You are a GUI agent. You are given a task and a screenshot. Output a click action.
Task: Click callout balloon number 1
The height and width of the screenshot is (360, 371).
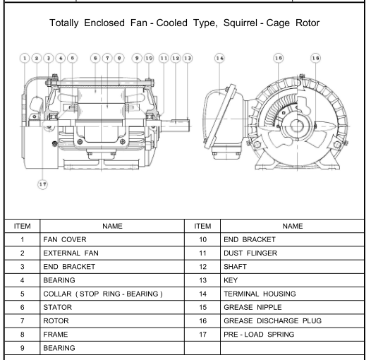pyautogui.click(x=25, y=58)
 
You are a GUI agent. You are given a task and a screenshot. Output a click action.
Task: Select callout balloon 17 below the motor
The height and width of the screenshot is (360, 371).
pyautogui.click(x=42, y=184)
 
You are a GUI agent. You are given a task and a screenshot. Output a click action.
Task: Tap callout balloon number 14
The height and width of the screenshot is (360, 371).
pyautogui.click(x=219, y=58)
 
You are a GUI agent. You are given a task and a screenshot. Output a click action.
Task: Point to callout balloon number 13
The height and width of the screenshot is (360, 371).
pyautogui.click(x=188, y=58)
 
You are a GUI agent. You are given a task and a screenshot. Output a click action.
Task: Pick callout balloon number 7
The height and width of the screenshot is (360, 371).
pyautogui.click(x=107, y=58)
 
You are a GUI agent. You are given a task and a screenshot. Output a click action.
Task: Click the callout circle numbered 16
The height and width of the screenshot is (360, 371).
pyautogui.click(x=316, y=58)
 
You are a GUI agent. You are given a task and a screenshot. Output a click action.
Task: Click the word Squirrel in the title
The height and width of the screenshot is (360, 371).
pyautogui.click(x=240, y=23)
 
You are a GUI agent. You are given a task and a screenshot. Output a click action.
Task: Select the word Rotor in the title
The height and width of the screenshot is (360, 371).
pyautogui.click(x=308, y=23)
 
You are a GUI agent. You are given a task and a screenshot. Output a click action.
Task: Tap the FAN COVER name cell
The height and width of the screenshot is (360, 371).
pyautogui.click(x=112, y=239)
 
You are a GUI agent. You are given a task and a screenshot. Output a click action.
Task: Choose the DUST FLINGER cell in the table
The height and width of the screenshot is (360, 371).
pyautogui.click(x=292, y=253)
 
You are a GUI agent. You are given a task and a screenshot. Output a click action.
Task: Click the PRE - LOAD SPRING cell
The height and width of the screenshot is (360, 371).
pyautogui.click(x=292, y=334)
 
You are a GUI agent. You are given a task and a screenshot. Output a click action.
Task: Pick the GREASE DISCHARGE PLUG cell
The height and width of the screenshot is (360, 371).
pyautogui.click(x=292, y=320)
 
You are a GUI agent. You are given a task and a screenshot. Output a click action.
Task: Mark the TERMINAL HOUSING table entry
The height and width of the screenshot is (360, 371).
pyautogui.click(x=292, y=294)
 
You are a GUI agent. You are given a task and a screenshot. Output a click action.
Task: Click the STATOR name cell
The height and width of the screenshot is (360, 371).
pyautogui.click(x=112, y=307)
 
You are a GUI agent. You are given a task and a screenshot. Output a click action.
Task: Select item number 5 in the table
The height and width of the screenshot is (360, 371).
pyautogui.click(x=23, y=294)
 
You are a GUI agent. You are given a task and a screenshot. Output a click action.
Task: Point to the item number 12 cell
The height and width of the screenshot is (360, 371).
pyautogui.click(x=202, y=267)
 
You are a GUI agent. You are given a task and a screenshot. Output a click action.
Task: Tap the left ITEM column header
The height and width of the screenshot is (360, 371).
pyautogui.click(x=23, y=226)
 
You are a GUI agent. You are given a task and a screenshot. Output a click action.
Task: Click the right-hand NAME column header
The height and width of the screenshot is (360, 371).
pyautogui.click(x=292, y=226)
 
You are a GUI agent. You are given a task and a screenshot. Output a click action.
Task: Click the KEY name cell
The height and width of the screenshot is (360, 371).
pyautogui.click(x=292, y=280)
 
